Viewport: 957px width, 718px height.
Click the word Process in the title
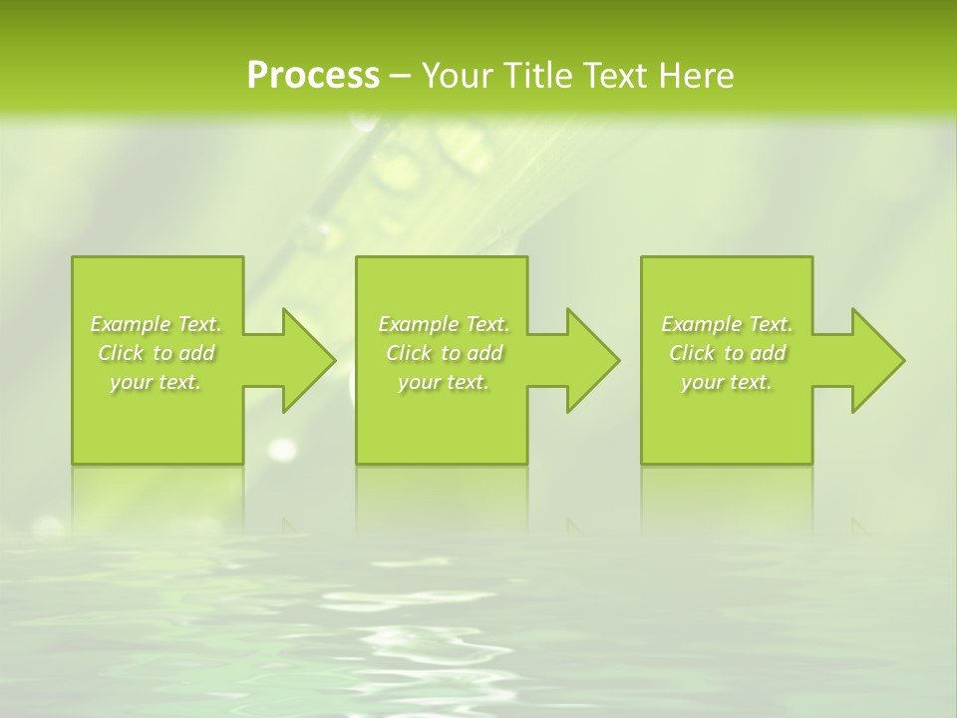313,76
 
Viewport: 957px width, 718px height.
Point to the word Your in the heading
456,76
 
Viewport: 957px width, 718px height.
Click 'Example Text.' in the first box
156,324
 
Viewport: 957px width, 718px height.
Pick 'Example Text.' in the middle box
444,324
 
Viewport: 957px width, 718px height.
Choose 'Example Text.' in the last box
727,324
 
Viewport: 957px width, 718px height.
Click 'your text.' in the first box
156,382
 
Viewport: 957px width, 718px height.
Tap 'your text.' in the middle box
444,382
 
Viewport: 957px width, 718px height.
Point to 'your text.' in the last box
727,382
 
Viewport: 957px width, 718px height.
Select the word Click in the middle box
409,353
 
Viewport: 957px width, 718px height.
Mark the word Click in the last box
692,353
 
